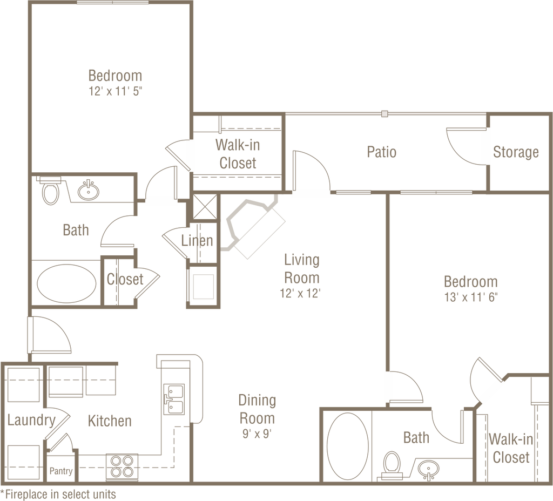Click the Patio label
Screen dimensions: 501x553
coord(382,152)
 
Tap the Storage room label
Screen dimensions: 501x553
coord(516,153)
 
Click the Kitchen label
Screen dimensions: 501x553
coord(110,421)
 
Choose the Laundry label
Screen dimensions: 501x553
coord(31,419)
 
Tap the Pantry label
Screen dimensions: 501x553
coord(61,471)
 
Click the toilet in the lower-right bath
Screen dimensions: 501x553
coord(392,465)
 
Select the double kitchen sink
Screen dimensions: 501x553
coord(174,397)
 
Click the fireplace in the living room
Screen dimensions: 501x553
coord(253,227)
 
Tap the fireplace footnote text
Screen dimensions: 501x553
coord(59,493)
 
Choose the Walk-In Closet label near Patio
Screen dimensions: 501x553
coord(237,154)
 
